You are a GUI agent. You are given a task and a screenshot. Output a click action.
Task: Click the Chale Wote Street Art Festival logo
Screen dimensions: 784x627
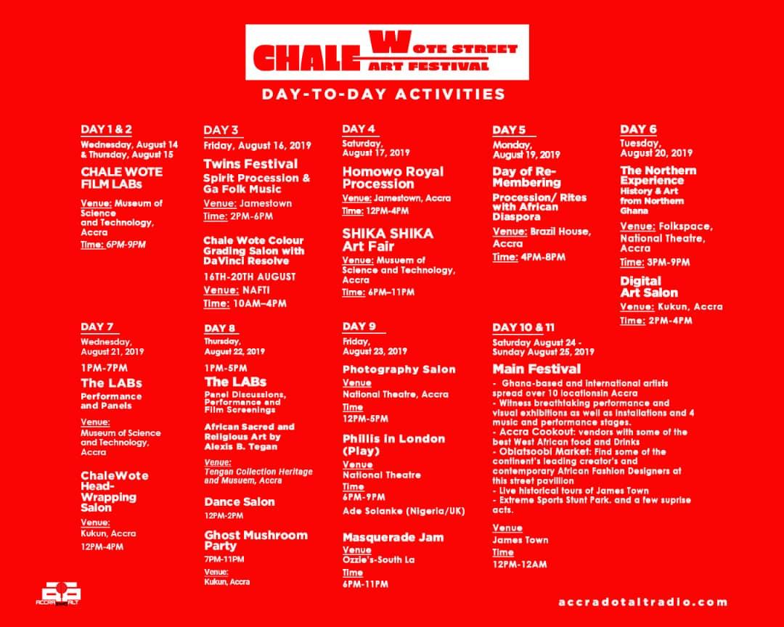coord(387,52)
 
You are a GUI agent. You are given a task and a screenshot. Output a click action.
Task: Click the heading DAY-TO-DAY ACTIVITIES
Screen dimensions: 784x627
coord(383,94)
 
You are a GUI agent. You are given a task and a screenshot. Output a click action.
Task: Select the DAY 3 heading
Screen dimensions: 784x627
coord(221,131)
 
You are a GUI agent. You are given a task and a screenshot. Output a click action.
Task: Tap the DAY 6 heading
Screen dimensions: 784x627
coord(639,129)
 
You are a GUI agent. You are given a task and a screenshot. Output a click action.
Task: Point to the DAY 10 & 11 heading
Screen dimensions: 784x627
coord(523,327)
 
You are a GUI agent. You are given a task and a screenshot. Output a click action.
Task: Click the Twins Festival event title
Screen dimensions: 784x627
coord(250,164)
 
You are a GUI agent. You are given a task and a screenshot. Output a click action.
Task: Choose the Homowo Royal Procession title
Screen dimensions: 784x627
coord(393,178)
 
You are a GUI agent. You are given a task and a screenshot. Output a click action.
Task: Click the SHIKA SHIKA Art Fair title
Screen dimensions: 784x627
coord(388,240)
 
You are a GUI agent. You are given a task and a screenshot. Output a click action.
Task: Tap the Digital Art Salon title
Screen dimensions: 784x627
coord(649,287)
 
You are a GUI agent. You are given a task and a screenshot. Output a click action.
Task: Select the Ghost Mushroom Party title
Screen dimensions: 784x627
coord(256,541)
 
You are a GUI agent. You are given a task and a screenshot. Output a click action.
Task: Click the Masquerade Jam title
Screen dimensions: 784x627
coord(393,538)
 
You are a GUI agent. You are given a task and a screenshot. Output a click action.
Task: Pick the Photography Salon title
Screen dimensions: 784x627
coord(399,369)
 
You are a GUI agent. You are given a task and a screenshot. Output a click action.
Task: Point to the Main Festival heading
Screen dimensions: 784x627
coord(536,369)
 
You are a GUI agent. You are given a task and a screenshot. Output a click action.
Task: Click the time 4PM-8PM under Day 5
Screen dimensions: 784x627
coord(543,257)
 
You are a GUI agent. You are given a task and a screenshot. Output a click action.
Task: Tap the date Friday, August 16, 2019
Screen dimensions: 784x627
coord(257,145)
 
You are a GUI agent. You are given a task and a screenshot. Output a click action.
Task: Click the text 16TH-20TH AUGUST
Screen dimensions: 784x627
coord(250,276)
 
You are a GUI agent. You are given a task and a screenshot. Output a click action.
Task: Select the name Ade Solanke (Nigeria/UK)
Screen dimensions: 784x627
coord(404,511)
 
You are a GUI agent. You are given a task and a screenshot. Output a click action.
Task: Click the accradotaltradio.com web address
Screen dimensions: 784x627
coord(643,602)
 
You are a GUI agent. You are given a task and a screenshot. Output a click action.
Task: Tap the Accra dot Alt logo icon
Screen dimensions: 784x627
coord(59,594)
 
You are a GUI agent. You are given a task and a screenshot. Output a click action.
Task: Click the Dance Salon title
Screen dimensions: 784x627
coord(240,502)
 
